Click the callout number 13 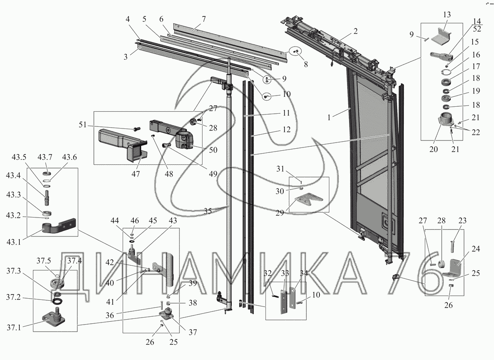[447, 14]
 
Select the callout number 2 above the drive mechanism [355, 31]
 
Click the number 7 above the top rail [203, 19]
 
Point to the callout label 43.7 [45, 157]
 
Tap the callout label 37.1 [14, 327]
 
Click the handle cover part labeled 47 [123, 145]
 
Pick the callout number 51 [83, 125]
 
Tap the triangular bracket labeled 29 [309, 199]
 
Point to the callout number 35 [208, 211]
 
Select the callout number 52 [477, 29]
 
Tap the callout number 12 [287, 130]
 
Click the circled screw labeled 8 [296, 52]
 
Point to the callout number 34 [304, 274]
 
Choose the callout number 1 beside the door [329, 117]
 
